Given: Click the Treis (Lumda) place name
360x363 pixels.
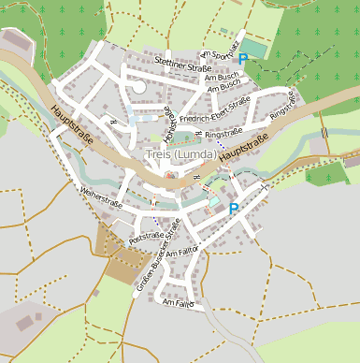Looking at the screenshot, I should pos(181,153).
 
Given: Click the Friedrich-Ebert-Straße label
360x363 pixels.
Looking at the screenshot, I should pos(215,111).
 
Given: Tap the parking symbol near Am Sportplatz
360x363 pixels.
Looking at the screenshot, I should pos(243,59).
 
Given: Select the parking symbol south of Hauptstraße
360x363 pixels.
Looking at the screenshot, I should pos(234,210).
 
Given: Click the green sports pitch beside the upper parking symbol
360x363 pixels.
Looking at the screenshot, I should pos(255,47).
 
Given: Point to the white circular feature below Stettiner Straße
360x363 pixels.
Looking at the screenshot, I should pos(138,86).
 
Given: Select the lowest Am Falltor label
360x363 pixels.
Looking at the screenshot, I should pos(177,304).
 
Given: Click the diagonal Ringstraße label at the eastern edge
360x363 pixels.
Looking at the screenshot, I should pos(282,104).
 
